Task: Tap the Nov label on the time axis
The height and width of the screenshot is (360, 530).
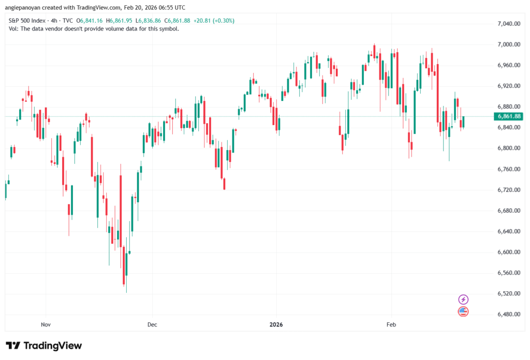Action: point(46,325)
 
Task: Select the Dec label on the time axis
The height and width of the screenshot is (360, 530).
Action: point(152,325)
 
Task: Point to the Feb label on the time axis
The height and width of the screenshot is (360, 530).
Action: point(391,325)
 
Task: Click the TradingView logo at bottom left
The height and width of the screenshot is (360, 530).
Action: point(44,346)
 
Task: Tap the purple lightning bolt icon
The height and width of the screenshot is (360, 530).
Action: point(463,299)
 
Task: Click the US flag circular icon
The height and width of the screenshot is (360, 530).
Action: point(463,311)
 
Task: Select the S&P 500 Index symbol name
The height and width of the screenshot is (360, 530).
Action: point(27,21)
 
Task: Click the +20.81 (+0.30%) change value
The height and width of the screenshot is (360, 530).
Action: point(216,21)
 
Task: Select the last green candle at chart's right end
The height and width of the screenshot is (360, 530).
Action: point(464,122)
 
